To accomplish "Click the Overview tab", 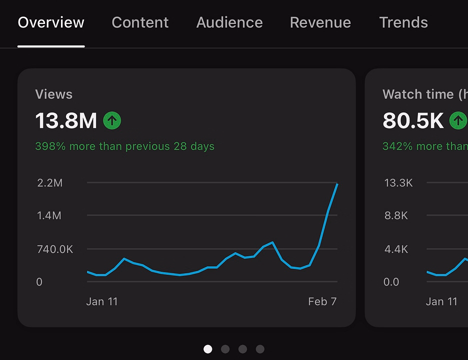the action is pos(51,22).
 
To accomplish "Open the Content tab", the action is pos(140,22).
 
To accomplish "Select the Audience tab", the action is pos(229,22).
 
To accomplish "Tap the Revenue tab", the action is pos(320,22).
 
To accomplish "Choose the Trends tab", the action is pos(403,22).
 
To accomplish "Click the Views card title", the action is pos(53,94).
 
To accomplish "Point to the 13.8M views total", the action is pos(66,120).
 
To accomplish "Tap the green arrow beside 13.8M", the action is pos(112,120).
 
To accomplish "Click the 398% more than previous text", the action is pos(125,146).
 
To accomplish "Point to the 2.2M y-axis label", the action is pos(50,182).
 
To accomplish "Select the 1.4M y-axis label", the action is pos(49,215).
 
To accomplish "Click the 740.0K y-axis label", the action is pos(55,249).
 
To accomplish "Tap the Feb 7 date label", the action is pos(322,301).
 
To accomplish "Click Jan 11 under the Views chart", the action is pos(102,301).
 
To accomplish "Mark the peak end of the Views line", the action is pos(337,184).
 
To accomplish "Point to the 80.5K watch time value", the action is pos(413,120).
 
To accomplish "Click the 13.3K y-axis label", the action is pos(398,182).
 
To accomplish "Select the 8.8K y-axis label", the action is pos(396,215).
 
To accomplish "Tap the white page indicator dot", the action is pos(207,349).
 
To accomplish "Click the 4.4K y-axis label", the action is pos(396,249).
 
